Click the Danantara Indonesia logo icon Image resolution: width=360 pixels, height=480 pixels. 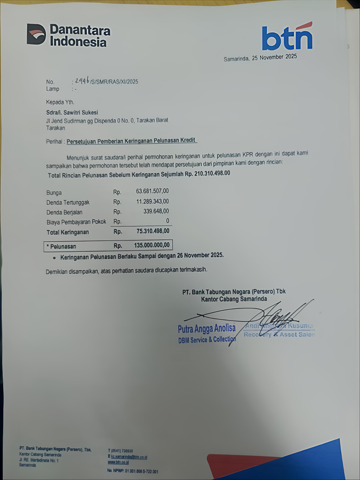(x=36, y=35)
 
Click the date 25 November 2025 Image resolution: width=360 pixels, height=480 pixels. (x=274, y=58)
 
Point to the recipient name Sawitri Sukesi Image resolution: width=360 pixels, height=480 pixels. (x=81, y=112)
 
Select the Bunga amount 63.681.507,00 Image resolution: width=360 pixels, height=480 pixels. (x=153, y=192)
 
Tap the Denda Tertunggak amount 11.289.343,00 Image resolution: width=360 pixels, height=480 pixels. (x=153, y=202)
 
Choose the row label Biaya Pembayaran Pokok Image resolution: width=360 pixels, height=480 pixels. (x=76, y=222)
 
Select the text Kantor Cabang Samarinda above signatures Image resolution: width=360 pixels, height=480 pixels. (x=234, y=299)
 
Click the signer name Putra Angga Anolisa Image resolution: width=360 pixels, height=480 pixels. (x=207, y=330)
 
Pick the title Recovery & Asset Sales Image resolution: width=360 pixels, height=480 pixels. (x=279, y=335)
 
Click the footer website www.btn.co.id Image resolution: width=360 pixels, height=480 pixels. (x=118, y=462)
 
